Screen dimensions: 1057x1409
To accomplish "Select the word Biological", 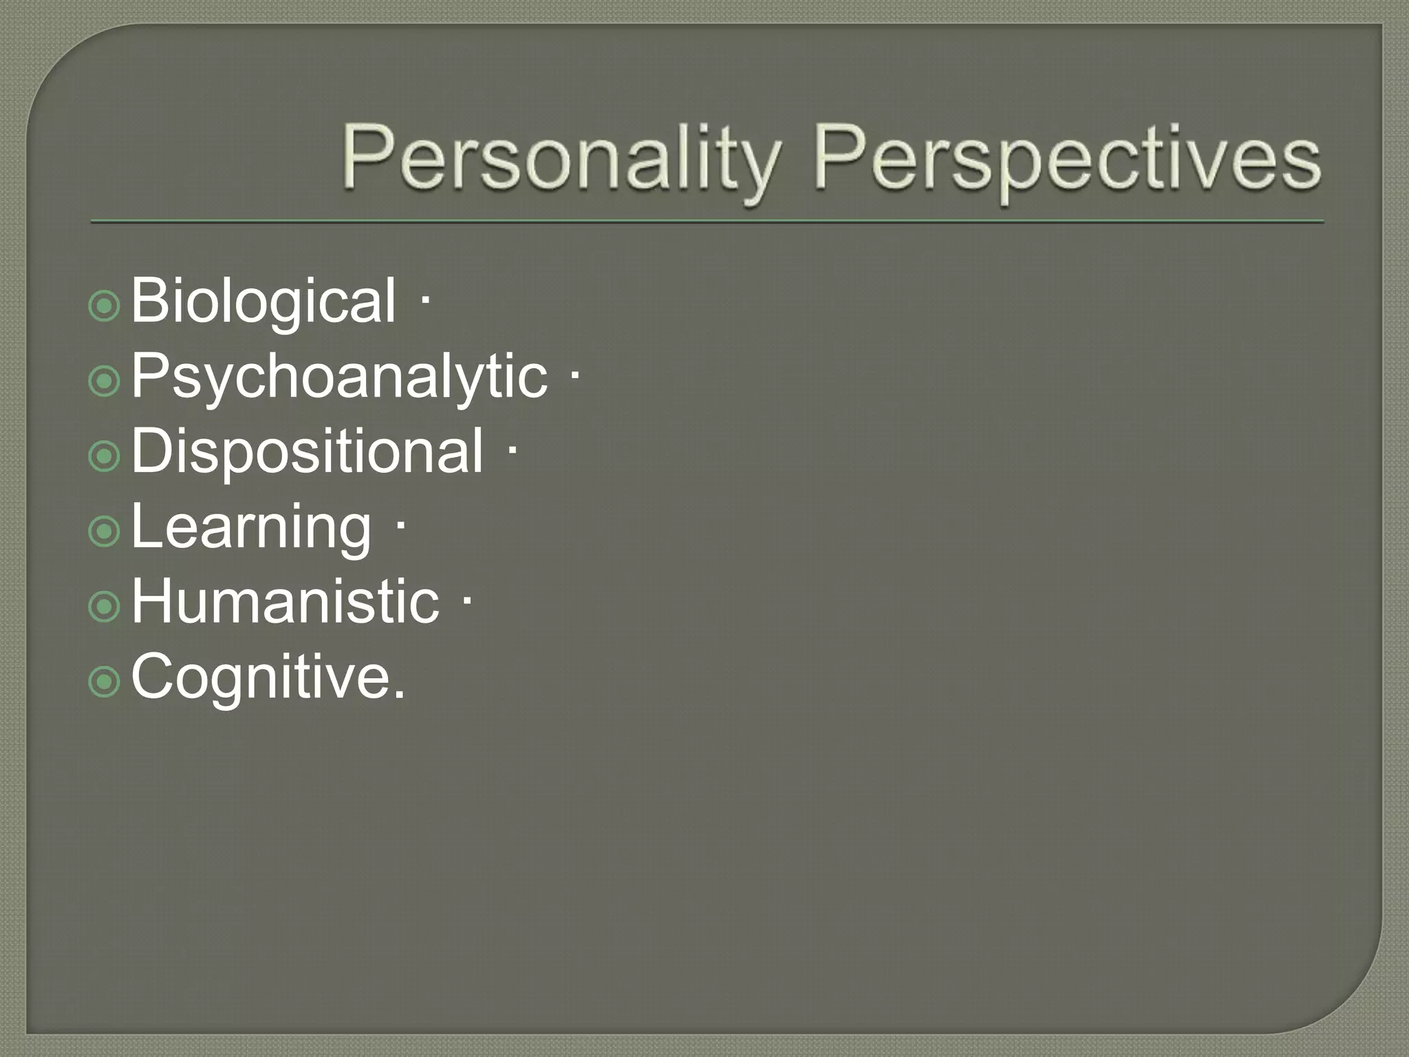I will pyautogui.click(x=263, y=301).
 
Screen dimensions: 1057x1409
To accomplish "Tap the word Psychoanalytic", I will pyautogui.click(x=339, y=376).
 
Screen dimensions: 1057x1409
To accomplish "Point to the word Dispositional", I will pyautogui.click(x=307, y=451).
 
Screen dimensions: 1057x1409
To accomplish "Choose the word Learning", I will pyautogui.click(x=251, y=528).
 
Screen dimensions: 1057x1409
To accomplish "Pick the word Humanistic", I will pyautogui.click(x=285, y=602).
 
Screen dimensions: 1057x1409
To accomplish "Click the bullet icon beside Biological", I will pyautogui.click(x=105, y=306).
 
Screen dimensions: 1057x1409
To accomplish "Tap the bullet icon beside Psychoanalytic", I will pyautogui.click(x=105, y=381).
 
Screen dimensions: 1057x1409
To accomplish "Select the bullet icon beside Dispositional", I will pyautogui.click(x=105, y=456).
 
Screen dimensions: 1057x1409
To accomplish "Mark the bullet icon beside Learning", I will pyautogui.click(x=105, y=531).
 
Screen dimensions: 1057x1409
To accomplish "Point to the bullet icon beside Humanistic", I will pyautogui.click(x=105, y=606).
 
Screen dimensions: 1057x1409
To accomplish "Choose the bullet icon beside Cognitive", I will pyautogui.click(x=105, y=681).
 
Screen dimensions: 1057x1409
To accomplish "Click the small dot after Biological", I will pyautogui.click(x=425, y=300).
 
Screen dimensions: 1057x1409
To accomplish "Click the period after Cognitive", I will pyautogui.click(x=399, y=696).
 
